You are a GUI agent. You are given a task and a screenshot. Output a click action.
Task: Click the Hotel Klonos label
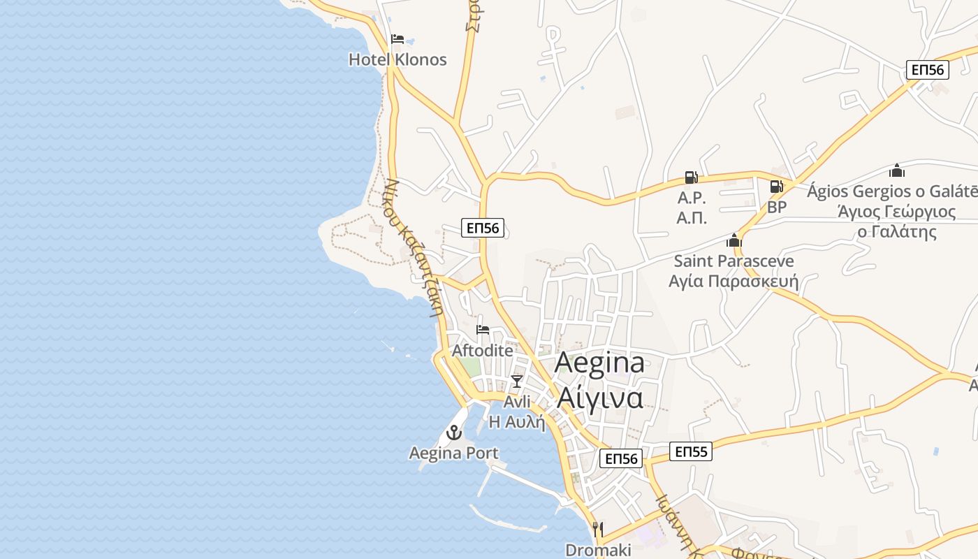tap(397, 59)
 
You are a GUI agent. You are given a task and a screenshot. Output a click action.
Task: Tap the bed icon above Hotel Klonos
tap(397, 39)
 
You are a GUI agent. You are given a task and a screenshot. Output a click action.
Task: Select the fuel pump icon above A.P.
tap(691, 177)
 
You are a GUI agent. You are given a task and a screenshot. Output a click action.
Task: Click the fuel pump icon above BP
tap(776, 187)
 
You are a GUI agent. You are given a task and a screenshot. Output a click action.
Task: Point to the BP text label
tap(777, 207)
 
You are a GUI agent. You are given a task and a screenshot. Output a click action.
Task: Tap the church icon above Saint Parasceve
tap(733, 241)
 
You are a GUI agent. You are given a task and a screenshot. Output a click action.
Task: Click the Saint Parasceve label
tap(733, 261)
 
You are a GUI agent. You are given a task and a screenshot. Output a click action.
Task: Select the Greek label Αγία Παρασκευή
tap(733, 281)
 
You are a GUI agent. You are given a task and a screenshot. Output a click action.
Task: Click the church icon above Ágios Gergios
tap(897, 170)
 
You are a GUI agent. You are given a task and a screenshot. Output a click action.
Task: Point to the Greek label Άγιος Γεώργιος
tap(897, 211)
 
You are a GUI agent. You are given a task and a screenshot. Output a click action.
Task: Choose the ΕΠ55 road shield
tap(692, 451)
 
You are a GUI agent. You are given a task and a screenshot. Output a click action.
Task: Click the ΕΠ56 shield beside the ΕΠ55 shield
tap(621, 458)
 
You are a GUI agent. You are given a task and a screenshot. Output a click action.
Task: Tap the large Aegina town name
tap(599, 363)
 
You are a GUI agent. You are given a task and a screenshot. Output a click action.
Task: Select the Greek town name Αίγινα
tap(599, 398)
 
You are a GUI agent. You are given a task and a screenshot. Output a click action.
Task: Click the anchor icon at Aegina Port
tap(454, 433)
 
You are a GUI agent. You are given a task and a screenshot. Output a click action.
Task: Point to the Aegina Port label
tap(454, 453)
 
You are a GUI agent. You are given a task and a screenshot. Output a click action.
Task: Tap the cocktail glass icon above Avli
tap(517, 381)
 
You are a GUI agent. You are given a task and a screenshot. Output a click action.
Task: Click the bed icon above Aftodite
tap(483, 330)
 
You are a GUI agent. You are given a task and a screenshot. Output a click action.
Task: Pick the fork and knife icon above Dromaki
tap(597, 529)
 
